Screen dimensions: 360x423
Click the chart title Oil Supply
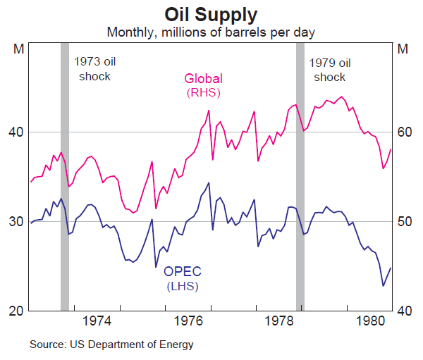[x=211, y=13]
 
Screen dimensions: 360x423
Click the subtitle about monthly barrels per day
[x=210, y=32]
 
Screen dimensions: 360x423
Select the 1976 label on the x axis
[x=189, y=321]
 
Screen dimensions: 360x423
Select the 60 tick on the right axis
[x=404, y=132]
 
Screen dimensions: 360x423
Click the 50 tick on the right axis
[x=404, y=221]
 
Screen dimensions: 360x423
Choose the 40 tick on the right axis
[x=404, y=311]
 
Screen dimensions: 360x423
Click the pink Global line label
[x=203, y=85]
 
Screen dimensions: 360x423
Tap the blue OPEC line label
[x=183, y=279]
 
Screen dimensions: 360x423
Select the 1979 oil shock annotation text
[x=330, y=69]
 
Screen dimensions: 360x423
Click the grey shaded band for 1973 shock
[x=65, y=176]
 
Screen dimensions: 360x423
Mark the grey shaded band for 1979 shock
[x=300, y=176]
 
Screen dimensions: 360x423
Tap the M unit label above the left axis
[x=19, y=49]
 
